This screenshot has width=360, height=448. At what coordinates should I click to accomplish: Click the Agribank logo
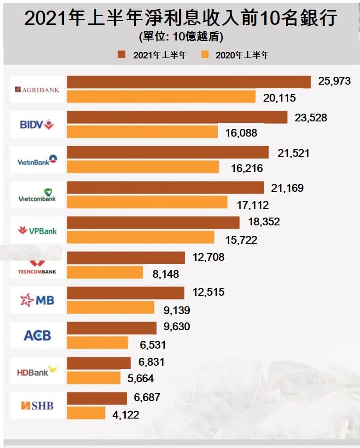[37, 89]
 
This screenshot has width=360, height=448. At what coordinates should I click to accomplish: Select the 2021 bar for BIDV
[177, 117]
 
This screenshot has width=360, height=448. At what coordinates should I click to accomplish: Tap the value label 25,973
[334, 81]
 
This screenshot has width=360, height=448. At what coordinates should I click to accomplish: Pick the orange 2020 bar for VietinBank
[143, 167]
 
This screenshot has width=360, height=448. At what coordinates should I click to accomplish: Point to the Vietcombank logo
[37, 195]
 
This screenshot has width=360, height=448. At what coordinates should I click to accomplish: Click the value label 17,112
[253, 205]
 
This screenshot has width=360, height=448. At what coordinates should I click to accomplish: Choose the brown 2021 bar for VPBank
[153, 222]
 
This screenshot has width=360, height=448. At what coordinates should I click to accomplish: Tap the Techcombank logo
[37, 267]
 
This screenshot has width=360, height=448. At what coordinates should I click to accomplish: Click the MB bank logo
[37, 301]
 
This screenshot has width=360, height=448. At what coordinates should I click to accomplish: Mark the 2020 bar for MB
[110, 307]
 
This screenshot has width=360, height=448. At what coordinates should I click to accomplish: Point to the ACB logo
[37, 335]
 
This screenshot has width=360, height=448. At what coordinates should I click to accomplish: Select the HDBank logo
[37, 371]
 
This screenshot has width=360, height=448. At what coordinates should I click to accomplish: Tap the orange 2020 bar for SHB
[86, 413]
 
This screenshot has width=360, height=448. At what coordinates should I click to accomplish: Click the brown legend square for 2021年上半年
[122, 55]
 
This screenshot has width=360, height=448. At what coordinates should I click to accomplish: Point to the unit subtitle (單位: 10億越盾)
[180, 36]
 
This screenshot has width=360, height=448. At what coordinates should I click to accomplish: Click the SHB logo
[37, 406]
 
